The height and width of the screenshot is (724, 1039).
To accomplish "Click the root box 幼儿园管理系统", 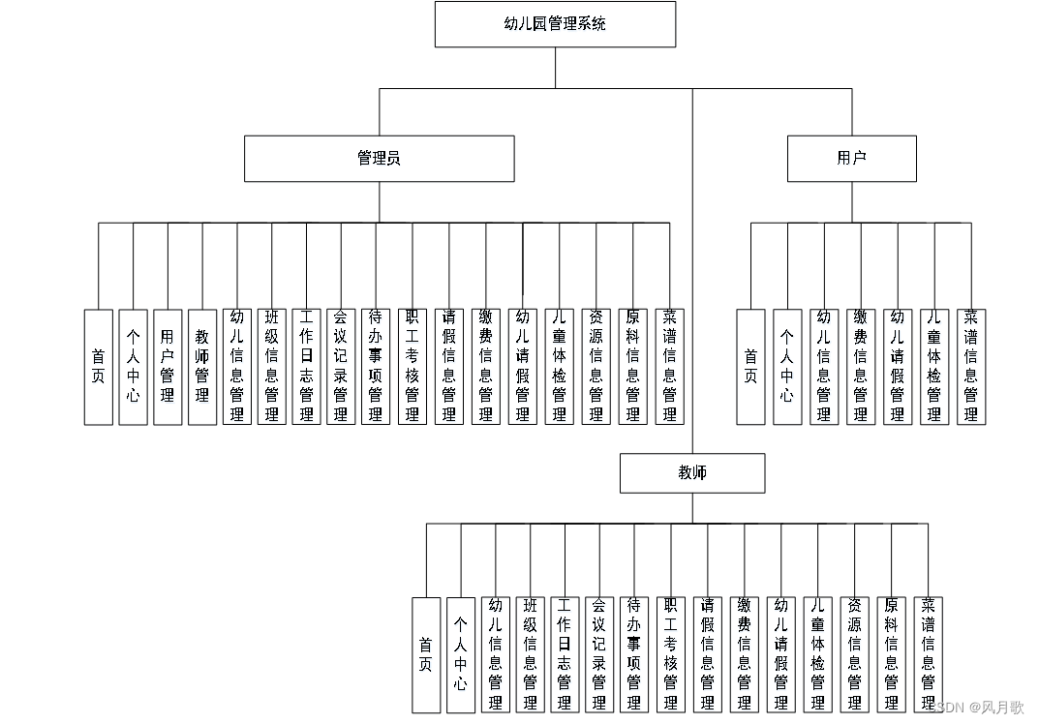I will [x=555, y=24].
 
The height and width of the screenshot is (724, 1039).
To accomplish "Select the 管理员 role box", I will [x=379, y=159].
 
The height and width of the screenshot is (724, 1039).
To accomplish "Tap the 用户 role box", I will [x=851, y=159].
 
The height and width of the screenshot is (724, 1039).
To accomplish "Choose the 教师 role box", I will [x=692, y=473].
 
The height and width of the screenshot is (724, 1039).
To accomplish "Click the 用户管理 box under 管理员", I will [x=168, y=367].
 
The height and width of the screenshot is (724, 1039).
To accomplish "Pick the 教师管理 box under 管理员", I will [x=202, y=367].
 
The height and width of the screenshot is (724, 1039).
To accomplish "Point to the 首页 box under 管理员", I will [x=98, y=367].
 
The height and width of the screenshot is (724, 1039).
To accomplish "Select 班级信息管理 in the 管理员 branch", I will [x=272, y=367].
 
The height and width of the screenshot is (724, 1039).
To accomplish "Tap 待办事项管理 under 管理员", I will [x=376, y=367].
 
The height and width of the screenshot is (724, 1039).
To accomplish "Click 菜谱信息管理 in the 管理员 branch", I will [x=669, y=367].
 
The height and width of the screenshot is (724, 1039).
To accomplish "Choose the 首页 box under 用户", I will [x=750, y=367].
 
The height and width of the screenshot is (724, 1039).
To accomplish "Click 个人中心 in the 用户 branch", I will [x=787, y=367].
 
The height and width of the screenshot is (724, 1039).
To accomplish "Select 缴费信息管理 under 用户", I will [x=860, y=367].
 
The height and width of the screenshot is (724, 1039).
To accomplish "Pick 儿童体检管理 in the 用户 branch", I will [x=933, y=367].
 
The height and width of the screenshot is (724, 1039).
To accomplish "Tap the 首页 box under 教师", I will [x=426, y=655].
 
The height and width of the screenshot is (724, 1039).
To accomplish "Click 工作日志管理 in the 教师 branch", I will [x=565, y=655].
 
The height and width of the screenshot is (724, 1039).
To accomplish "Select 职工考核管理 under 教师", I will [x=670, y=655].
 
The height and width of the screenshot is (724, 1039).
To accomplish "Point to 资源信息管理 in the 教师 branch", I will [x=854, y=655].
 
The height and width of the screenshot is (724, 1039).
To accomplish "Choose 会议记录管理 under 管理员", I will [x=341, y=367].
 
